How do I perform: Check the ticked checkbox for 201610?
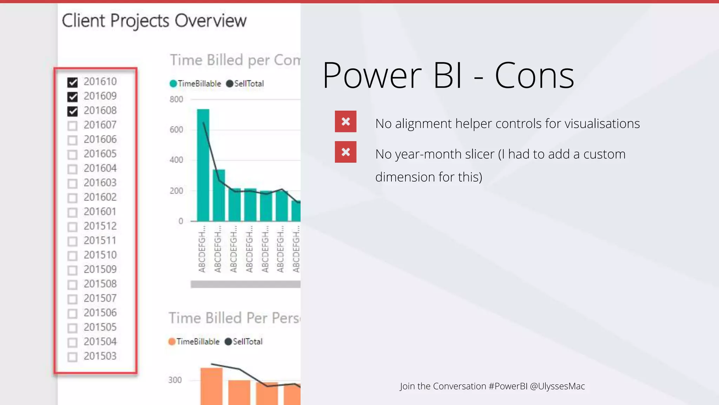click(x=73, y=82)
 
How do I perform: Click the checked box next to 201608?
click(x=73, y=111)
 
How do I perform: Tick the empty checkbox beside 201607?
click(x=73, y=126)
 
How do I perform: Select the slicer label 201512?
click(x=100, y=226)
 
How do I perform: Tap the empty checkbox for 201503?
click(x=73, y=357)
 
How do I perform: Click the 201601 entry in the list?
click(x=100, y=212)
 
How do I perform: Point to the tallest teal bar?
click(x=203, y=165)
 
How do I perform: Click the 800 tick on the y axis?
click(x=176, y=99)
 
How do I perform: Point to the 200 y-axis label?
click(x=176, y=191)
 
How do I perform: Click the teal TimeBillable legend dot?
click(x=173, y=84)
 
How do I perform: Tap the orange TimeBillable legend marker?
click(x=172, y=342)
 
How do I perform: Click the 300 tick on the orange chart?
click(x=175, y=380)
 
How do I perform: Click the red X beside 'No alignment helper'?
click(x=345, y=122)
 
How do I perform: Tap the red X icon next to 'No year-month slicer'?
click(x=345, y=152)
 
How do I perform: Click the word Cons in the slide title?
click(x=534, y=76)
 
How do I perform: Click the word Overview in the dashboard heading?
click(x=211, y=20)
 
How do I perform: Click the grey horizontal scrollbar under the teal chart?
click(x=245, y=284)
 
